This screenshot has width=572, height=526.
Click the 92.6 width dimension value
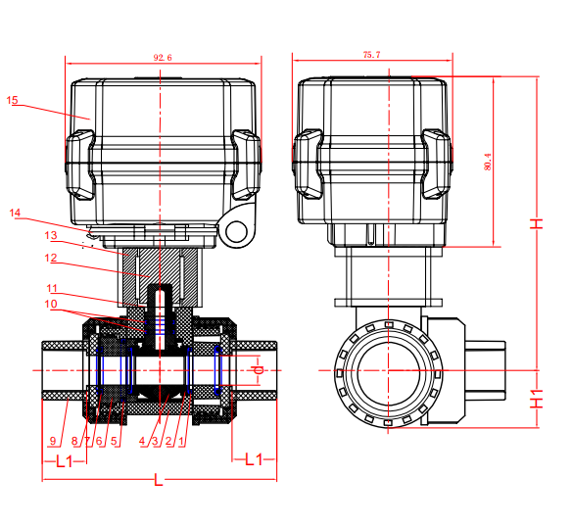[163, 58]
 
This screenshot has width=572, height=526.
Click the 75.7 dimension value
[371, 55]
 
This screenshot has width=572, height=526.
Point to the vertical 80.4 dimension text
[488, 162]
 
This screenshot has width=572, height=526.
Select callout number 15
[12, 100]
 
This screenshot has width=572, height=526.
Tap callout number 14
[15, 213]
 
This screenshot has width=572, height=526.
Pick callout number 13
[51, 235]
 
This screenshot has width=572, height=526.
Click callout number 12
[51, 258]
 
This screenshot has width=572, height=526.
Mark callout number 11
[52, 288]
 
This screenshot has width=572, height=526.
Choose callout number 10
[51, 304]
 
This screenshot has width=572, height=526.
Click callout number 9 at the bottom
[53, 441]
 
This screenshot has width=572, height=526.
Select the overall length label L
[158, 480]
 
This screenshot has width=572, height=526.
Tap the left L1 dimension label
[65, 461]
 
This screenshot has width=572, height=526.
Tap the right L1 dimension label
[254, 459]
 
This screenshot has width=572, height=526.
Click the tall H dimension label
[537, 223]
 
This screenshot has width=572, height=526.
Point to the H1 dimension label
[537, 399]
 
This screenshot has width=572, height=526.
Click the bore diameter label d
[259, 370]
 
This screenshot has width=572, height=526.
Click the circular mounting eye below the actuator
[237, 231]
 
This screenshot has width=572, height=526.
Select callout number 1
[181, 441]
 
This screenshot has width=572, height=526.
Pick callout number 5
[114, 441]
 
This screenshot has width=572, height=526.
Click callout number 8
[74, 441]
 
